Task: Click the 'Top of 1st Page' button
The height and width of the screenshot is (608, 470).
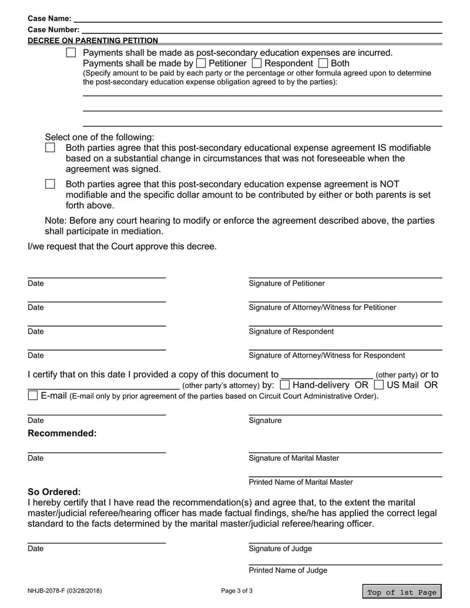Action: [402, 592]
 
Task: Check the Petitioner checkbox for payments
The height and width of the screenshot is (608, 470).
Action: [201, 63]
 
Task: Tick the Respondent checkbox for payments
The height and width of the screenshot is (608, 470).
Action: [257, 63]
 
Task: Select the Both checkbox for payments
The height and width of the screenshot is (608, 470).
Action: [323, 63]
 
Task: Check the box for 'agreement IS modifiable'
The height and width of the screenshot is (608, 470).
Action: [51, 148]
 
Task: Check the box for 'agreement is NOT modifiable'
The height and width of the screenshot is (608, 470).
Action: [51, 184]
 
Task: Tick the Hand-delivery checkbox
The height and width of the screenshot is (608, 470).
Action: [284, 385]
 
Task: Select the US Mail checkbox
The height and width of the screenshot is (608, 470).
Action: [379, 385]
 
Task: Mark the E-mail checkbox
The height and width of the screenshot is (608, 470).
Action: [33, 396]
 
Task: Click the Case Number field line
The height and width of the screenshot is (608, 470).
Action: [261, 29]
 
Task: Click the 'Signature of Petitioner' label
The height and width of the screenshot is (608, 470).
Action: [287, 284]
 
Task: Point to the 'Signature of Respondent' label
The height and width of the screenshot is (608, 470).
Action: [291, 331]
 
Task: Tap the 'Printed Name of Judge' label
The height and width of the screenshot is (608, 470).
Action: [288, 570]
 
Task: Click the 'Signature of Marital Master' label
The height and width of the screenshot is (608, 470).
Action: [294, 458]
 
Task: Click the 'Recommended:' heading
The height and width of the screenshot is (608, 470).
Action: [62, 434]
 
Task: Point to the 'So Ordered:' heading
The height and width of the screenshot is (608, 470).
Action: [55, 492]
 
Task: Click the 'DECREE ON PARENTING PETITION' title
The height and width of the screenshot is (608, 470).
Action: [93, 41]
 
